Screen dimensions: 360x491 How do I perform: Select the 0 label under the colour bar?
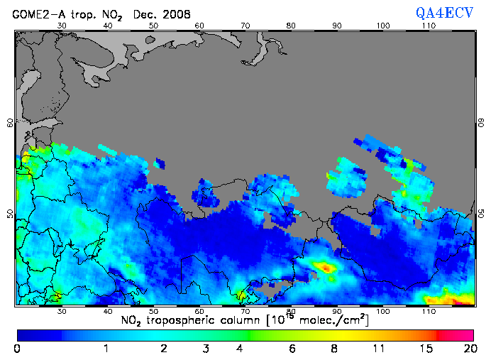click(16, 349)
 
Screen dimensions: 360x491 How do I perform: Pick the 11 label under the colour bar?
click(380, 349)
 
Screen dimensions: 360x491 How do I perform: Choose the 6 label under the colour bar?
click(292, 349)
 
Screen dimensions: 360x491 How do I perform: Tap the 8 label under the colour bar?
click(333, 349)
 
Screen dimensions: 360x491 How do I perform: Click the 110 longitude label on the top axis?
click(429, 26)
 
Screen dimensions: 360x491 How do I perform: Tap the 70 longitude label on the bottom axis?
click(245, 311)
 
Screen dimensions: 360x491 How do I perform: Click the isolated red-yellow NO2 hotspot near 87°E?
click(326, 268)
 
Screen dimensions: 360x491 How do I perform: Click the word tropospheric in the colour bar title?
click(202, 320)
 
